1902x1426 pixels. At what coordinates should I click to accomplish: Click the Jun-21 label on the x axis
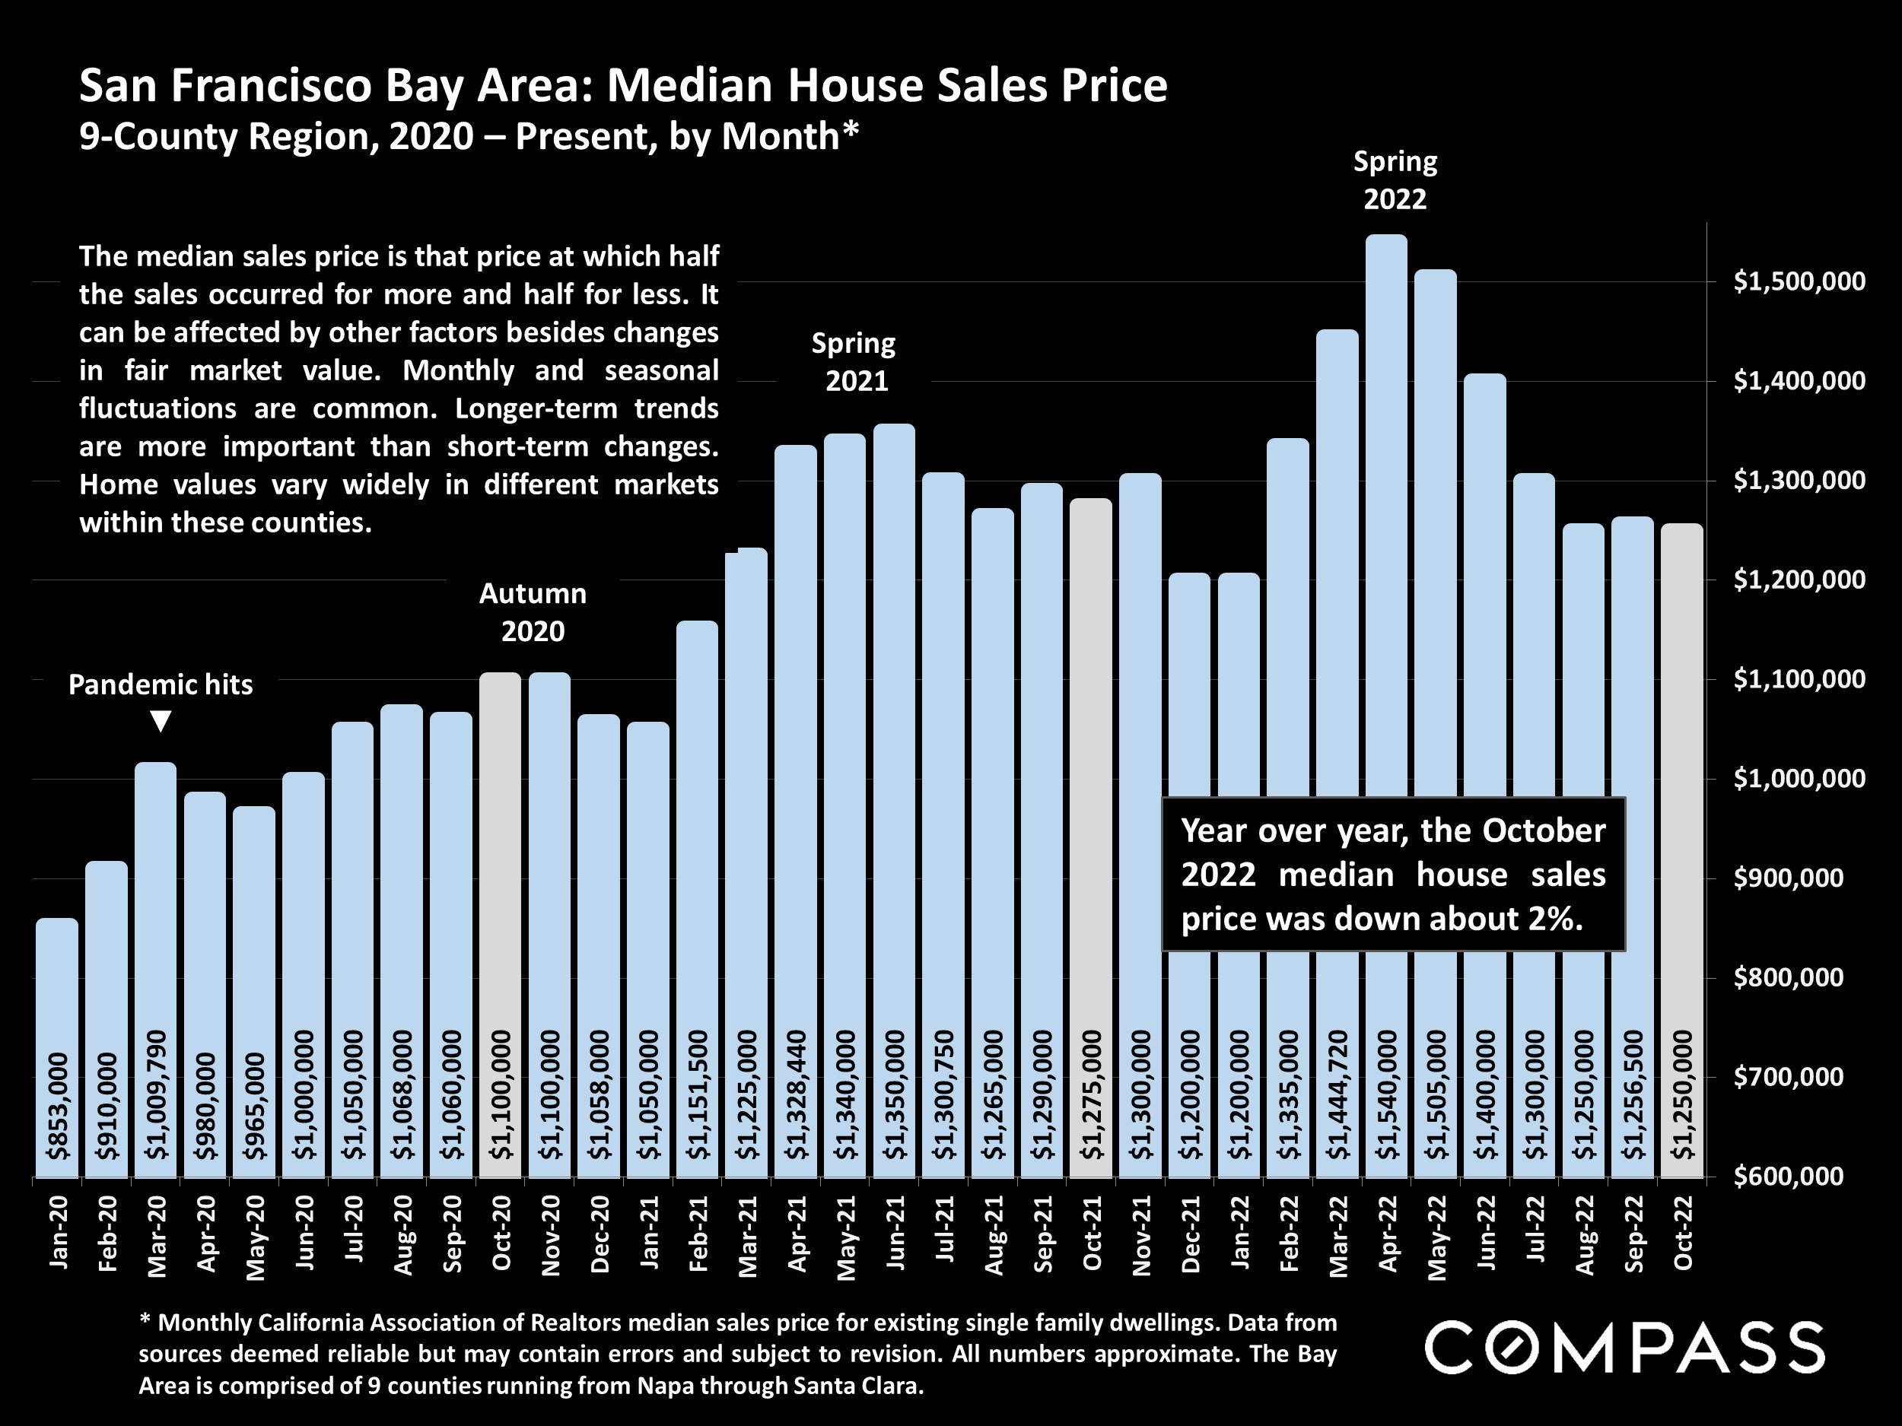[x=895, y=1232]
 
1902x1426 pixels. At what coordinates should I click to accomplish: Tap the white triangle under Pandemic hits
[x=161, y=720]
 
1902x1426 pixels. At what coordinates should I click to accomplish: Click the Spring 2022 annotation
[x=1395, y=180]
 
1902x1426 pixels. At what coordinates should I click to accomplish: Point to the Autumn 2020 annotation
[x=533, y=612]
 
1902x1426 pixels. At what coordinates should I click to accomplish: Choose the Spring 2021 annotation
[x=854, y=362]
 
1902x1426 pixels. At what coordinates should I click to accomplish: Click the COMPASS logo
[x=1624, y=1348]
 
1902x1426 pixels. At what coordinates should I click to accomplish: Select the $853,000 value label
[x=58, y=1105]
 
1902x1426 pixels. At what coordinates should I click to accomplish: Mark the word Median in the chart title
[x=692, y=86]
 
